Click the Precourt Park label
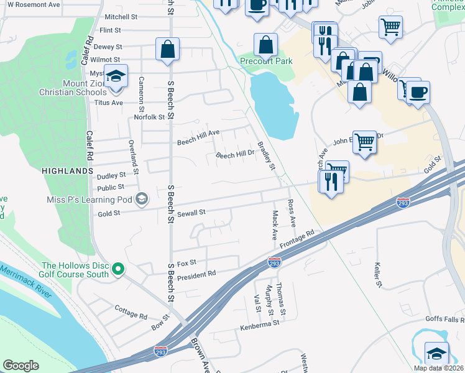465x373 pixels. (266, 62)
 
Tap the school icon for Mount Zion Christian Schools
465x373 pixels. (116, 76)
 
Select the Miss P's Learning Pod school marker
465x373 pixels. (142, 200)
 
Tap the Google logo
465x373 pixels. (21, 365)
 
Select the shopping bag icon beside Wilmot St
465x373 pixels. (168, 49)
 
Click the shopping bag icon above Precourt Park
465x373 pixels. (266, 45)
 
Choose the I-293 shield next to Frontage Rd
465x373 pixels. (274, 262)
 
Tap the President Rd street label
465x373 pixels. (196, 274)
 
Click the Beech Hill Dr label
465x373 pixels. (235, 154)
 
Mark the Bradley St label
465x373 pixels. (266, 155)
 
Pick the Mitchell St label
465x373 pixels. (121, 17)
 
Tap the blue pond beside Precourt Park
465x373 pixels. (272, 103)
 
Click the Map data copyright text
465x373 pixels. (438, 368)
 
